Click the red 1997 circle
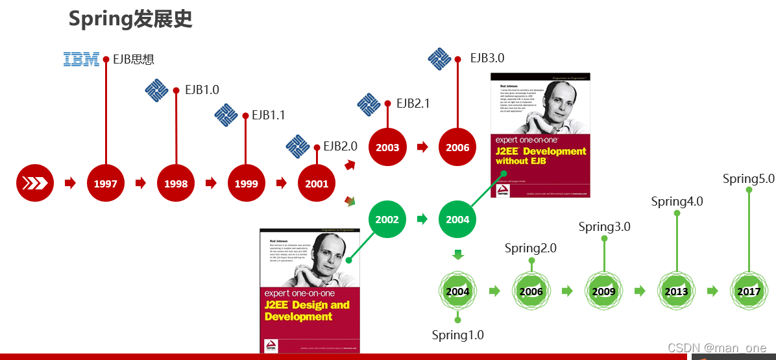105,184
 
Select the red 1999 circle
246,184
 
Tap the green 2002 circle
387,219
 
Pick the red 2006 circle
457,147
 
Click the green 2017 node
749,291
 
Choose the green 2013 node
676,291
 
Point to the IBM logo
81,59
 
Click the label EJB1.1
269,115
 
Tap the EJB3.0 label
487,58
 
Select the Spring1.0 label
457,335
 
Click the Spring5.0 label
749,179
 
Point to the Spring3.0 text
604,227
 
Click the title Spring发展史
130,19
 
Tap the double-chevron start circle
35,184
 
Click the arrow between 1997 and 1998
141,184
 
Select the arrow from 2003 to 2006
422,147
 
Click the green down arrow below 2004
457,254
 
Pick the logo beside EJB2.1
369,104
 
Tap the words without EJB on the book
522,161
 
